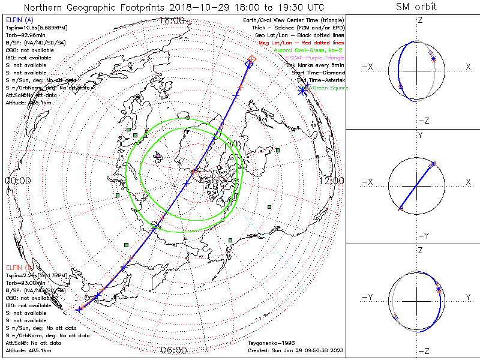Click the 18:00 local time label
click(x=172, y=20)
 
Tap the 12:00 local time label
click(x=331, y=181)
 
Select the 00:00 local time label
click(x=17, y=181)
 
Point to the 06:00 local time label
click(x=174, y=350)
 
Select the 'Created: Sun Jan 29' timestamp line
click(x=295, y=350)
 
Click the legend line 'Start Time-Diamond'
click(x=318, y=72)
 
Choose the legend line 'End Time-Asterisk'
click(x=319, y=80)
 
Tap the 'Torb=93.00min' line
click(x=25, y=283)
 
